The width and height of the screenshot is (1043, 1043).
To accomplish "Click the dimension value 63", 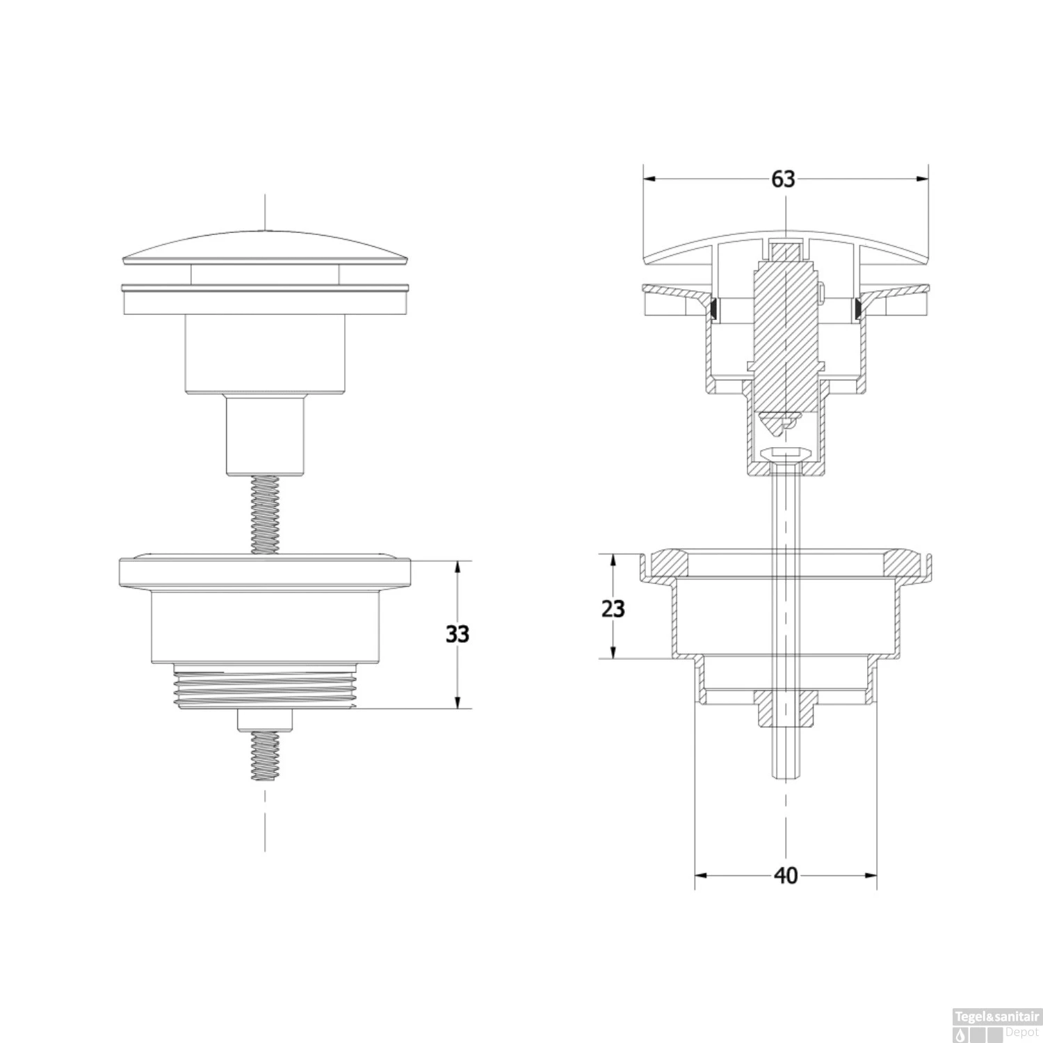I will point(783,179).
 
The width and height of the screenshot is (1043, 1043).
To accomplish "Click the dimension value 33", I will point(457,634).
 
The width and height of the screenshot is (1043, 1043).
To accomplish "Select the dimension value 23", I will point(613,608).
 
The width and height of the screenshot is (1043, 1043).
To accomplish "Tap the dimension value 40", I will point(786,876).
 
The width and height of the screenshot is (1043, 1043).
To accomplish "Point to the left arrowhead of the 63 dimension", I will point(649,179).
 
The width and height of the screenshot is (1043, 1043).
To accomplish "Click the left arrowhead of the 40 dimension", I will point(702,876).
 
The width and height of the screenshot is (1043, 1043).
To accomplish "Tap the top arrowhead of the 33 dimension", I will point(457,567).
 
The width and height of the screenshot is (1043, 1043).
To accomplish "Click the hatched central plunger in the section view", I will point(786,334).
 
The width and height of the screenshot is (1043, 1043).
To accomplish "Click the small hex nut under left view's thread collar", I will point(265,720).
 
